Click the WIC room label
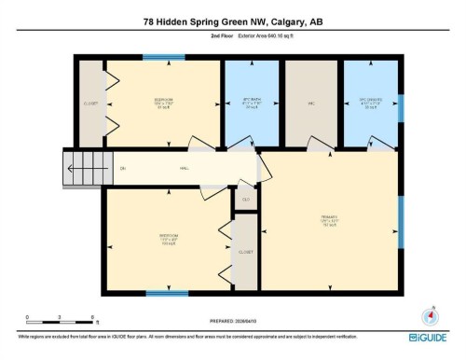[311, 104]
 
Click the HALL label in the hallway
[185, 168]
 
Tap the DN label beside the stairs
[122, 168]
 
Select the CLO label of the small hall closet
[246, 200]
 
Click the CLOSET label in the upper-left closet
[90, 104]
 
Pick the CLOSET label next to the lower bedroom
[246, 252]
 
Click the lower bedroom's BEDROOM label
[167, 236]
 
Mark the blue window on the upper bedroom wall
[163, 58]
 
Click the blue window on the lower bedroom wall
[167, 293]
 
